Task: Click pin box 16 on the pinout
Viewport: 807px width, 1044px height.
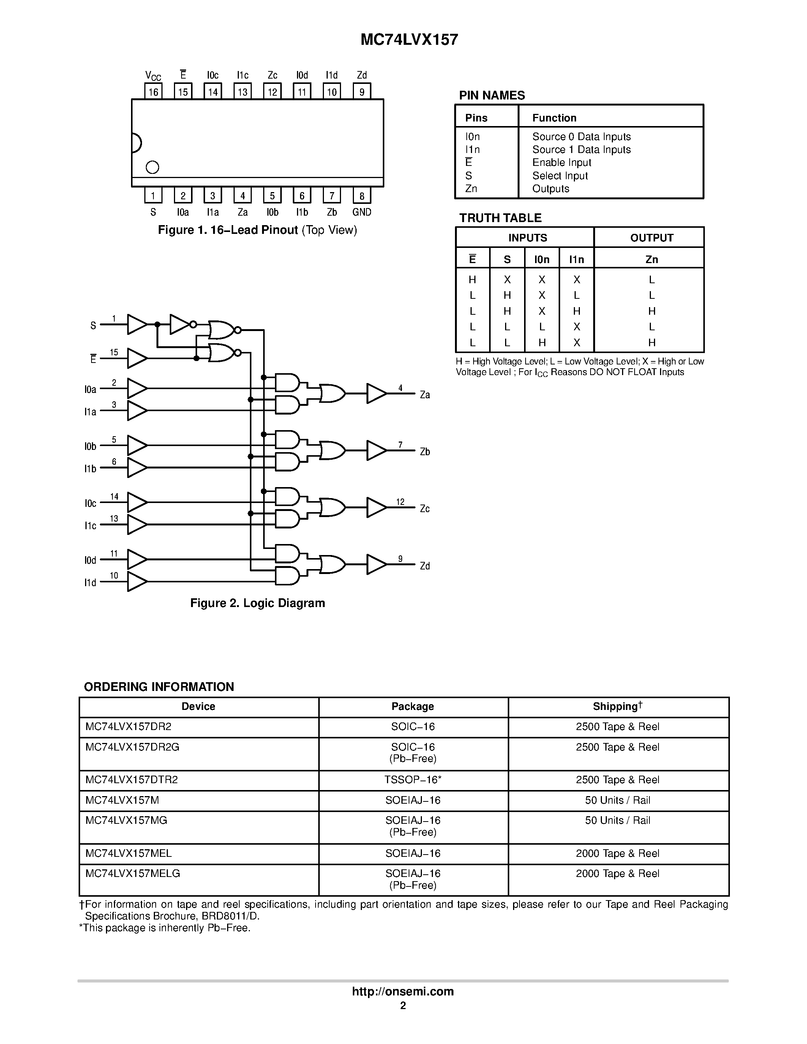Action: (153, 91)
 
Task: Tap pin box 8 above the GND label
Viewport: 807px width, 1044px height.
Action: (362, 196)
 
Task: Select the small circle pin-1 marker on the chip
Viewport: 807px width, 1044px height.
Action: (152, 167)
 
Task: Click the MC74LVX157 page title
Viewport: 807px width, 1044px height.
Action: (409, 39)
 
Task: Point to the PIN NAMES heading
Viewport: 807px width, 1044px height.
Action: (491, 95)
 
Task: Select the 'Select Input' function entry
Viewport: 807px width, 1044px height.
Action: (560, 175)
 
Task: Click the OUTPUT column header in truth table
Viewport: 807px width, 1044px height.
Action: (651, 238)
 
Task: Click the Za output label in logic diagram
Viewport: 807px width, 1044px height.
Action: (425, 395)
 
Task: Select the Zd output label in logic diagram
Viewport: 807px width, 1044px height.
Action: (425, 566)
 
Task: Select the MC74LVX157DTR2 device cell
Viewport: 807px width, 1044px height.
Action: (131, 780)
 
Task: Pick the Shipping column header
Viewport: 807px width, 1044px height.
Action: (617, 707)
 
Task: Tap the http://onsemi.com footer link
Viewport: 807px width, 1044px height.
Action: (403, 991)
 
